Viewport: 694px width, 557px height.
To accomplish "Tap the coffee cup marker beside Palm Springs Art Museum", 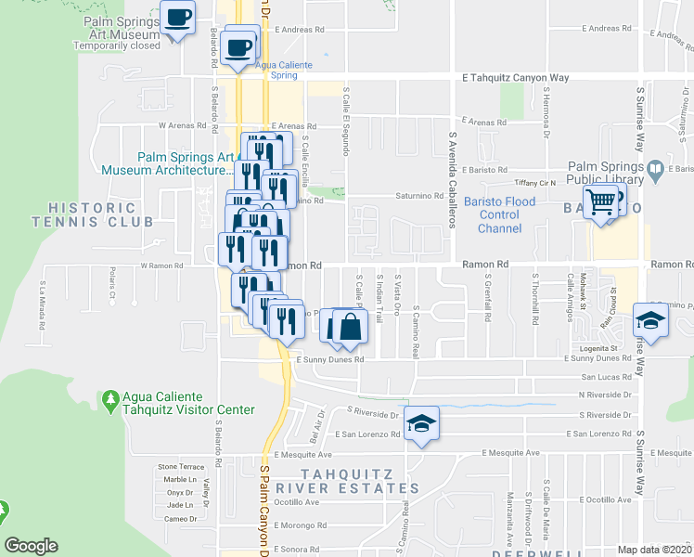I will point(177,18).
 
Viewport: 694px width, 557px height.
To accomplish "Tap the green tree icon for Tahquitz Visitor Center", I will point(111,400).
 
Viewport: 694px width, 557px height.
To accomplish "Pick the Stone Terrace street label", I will point(180,466).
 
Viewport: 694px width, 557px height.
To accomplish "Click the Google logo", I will point(32,545).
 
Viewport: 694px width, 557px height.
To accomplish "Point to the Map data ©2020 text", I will point(654,550).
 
